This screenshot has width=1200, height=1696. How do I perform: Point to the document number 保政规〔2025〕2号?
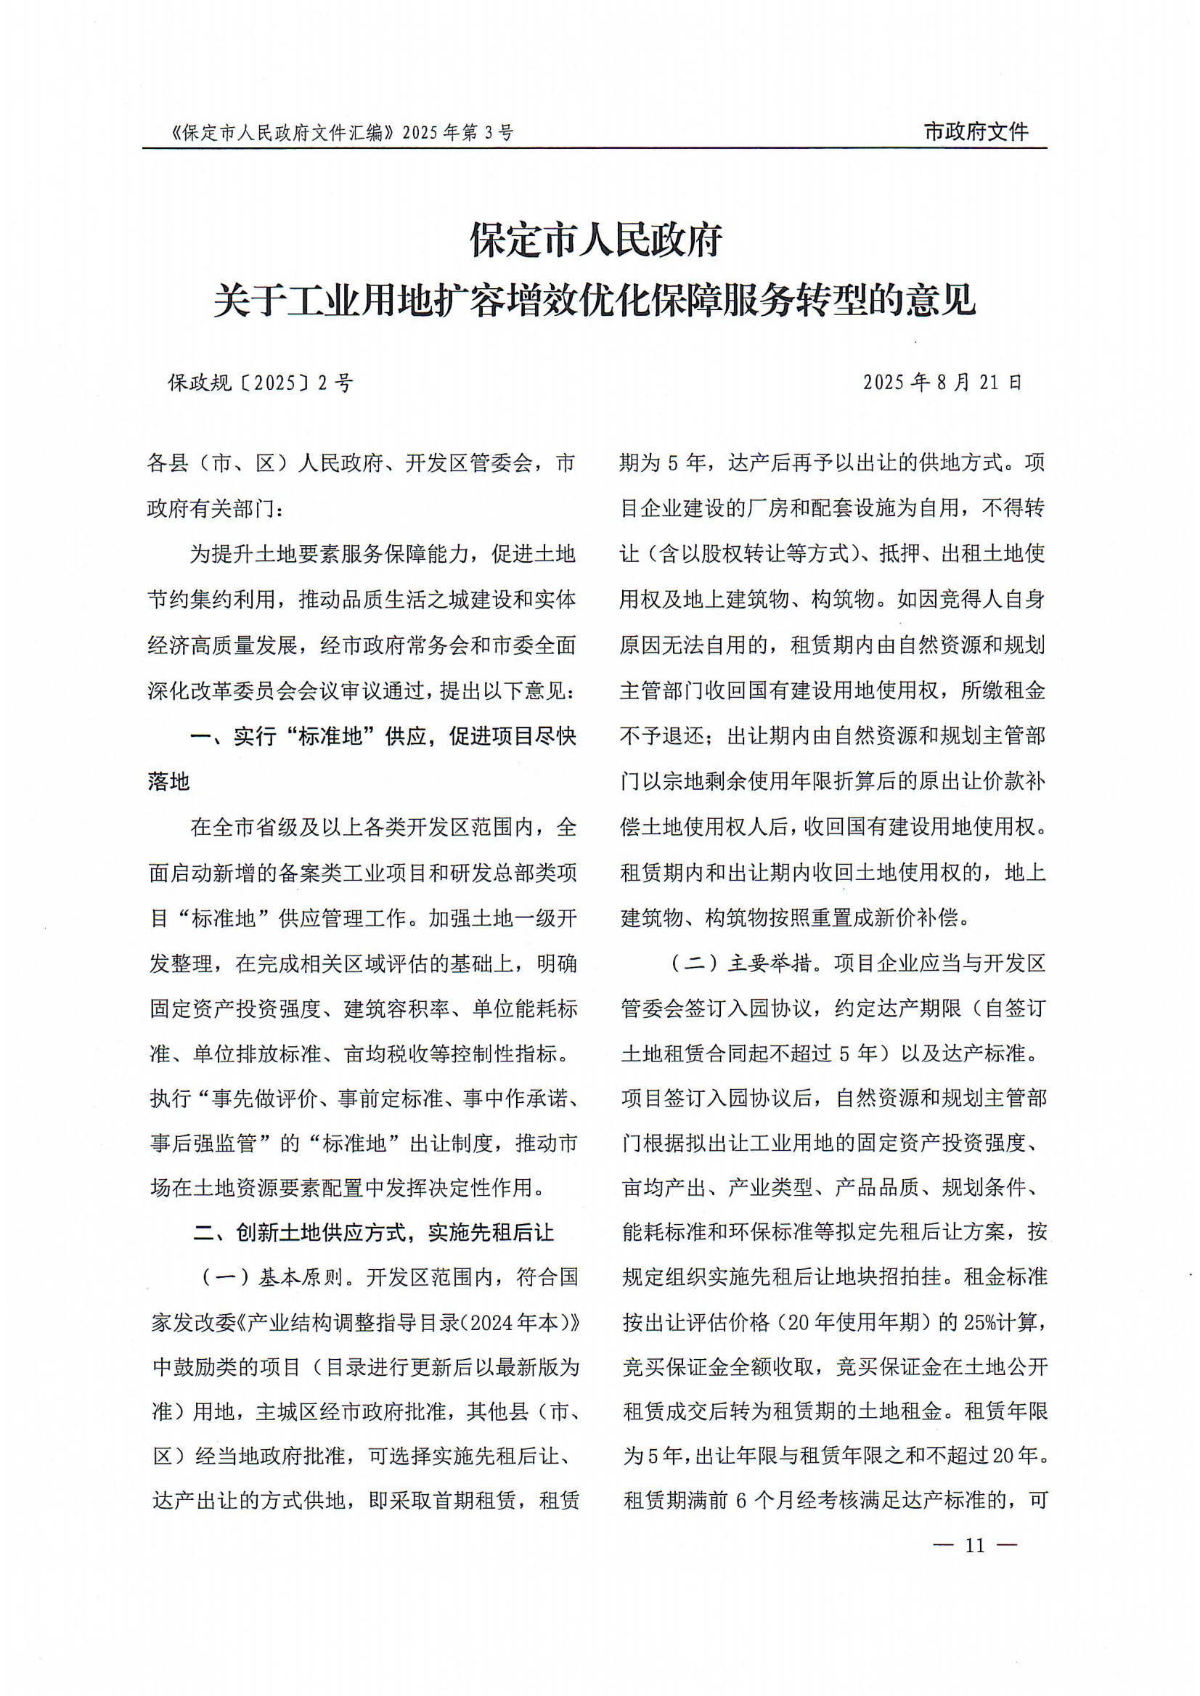click(261, 383)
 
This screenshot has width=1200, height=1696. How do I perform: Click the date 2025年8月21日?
click(942, 382)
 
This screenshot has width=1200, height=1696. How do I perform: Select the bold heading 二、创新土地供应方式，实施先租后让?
click(373, 1233)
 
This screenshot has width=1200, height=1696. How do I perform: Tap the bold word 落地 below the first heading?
click(169, 782)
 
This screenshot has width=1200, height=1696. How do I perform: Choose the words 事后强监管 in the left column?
click(203, 1143)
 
